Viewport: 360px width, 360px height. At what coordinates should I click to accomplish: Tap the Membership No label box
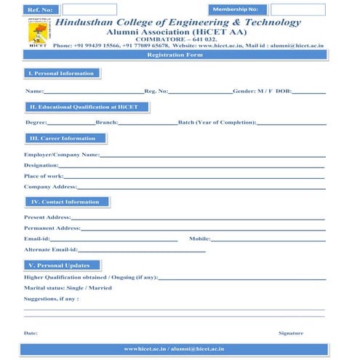[x=233, y=9]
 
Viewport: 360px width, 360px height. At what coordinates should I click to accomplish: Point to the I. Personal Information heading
[x=61, y=73]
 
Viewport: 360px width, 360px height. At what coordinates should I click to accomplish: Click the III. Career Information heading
[x=62, y=138]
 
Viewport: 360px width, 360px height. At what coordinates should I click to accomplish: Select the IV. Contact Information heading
[x=65, y=201]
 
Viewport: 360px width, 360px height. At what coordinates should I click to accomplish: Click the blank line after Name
[x=94, y=92]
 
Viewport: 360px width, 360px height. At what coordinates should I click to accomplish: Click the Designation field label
[x=41, y=166]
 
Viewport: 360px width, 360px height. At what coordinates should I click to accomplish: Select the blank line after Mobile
[x=268, y=239]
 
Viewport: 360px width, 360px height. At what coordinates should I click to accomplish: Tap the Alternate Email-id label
[x=51, y=249]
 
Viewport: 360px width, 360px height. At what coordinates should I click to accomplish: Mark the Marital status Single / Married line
[x=68, y=288]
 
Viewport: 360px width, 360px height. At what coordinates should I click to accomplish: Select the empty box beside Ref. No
[x=89, y=9]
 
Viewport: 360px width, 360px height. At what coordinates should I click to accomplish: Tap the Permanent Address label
[x=52, y=228]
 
